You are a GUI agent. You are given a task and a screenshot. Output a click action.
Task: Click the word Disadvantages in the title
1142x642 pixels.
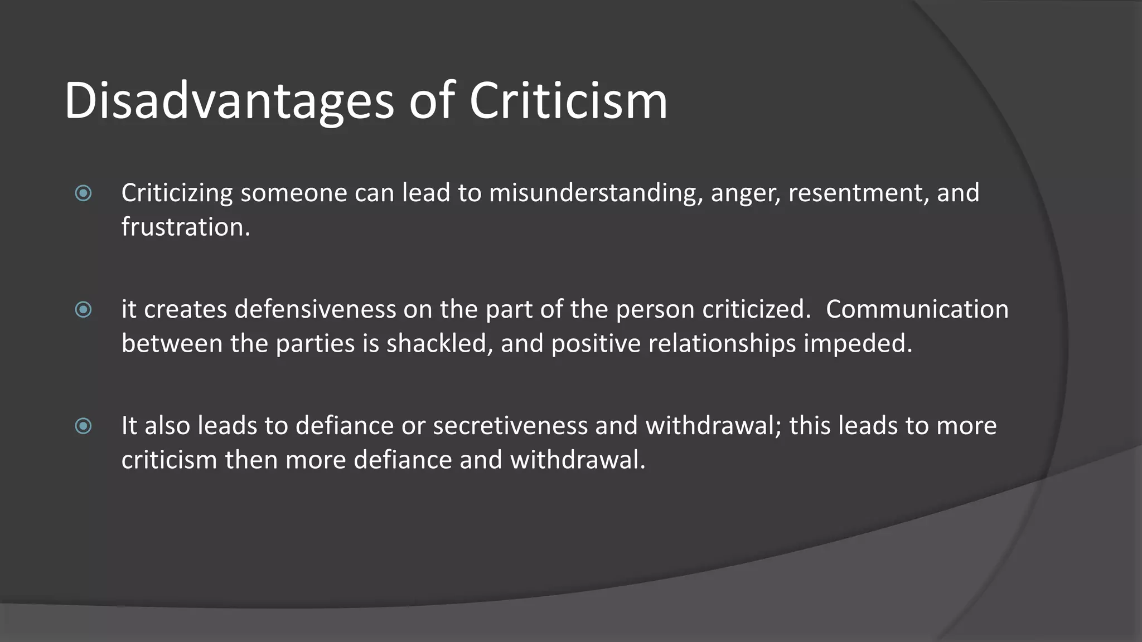click(229, 101)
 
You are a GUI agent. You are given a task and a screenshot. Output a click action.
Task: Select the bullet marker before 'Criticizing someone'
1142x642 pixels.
click(83, 193)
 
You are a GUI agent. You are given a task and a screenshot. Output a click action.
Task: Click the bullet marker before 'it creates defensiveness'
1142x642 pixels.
click(83, 309)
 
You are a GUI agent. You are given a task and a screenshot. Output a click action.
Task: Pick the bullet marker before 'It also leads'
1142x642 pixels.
click(83, 426)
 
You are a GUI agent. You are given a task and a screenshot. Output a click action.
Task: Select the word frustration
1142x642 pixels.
click(186, 227)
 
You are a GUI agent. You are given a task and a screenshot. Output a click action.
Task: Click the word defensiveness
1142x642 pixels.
click(315, 309)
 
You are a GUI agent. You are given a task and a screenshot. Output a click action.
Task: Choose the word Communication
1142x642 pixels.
click(917, 309)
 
